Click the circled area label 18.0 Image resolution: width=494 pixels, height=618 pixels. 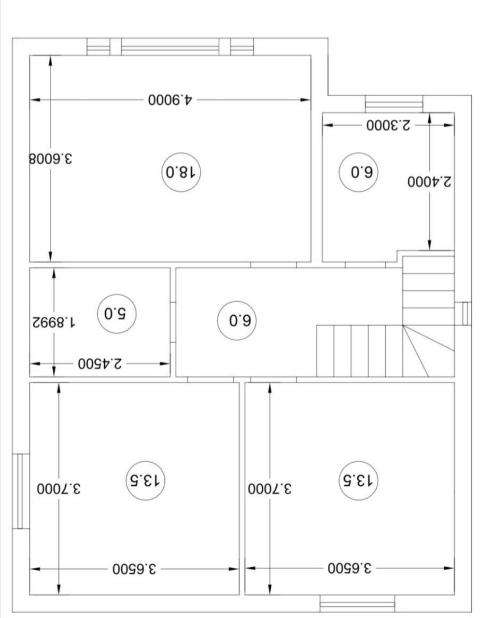181,172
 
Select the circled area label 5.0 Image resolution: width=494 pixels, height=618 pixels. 116,314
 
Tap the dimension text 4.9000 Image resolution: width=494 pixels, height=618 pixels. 170,100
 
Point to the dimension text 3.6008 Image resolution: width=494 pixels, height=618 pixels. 51,158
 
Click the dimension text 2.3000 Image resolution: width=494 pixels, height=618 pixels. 388,126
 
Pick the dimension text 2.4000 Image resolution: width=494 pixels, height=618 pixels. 429,182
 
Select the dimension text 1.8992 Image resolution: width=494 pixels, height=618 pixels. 54,322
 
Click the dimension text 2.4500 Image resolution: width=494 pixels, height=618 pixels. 99,363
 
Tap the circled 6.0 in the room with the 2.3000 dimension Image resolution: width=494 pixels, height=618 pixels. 358,172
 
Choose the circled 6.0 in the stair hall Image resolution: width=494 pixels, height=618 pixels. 237,321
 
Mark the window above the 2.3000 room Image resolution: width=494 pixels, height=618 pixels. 394,104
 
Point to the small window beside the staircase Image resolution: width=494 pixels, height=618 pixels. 463,314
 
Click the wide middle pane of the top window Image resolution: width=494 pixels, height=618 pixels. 170,46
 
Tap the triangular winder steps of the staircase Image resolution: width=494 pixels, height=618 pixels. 428,351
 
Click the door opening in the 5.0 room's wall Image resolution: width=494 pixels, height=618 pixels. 173,322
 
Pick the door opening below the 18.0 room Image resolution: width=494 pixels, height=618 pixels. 273,265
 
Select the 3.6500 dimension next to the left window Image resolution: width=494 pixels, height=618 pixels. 134,569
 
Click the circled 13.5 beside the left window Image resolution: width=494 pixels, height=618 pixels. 145,481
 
